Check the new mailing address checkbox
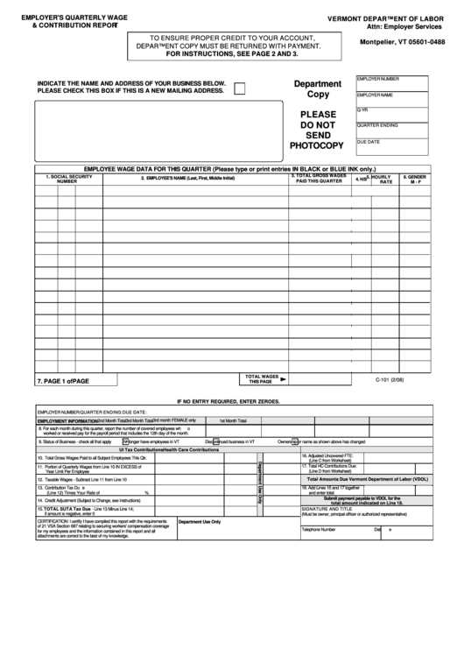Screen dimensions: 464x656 coord(240,86)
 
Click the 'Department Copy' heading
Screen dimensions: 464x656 coord(317,88)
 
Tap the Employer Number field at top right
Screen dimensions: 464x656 coord(392,82)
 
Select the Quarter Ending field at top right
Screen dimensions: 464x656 coord(392,129)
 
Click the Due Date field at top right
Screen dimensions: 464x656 coord(392,145)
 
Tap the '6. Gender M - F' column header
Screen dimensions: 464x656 coord(414,179)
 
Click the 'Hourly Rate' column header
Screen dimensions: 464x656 coord(383,179)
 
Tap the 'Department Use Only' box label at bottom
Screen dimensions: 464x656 coord(200,521)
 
